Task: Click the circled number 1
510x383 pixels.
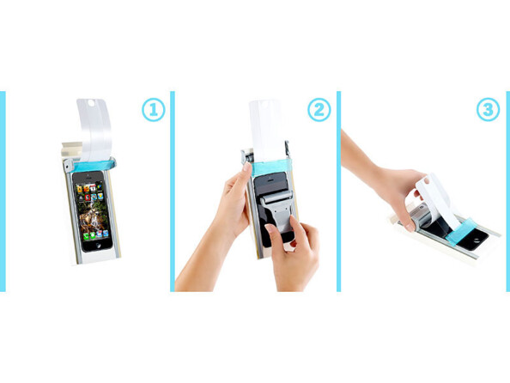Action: pos(152,110)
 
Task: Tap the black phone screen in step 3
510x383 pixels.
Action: pos(441,232)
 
